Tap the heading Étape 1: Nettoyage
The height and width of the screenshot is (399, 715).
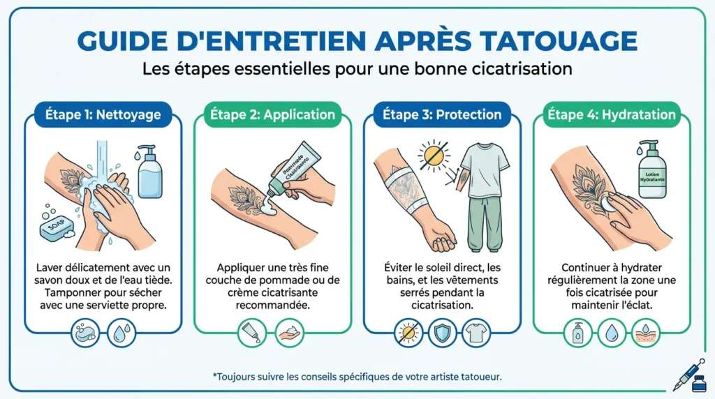point(103,114)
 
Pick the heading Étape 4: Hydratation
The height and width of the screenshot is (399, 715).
point(611,114)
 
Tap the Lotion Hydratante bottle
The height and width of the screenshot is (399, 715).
point(652,172)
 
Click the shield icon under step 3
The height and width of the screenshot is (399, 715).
point(441,333)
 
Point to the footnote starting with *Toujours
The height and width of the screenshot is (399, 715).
point(357,376)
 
